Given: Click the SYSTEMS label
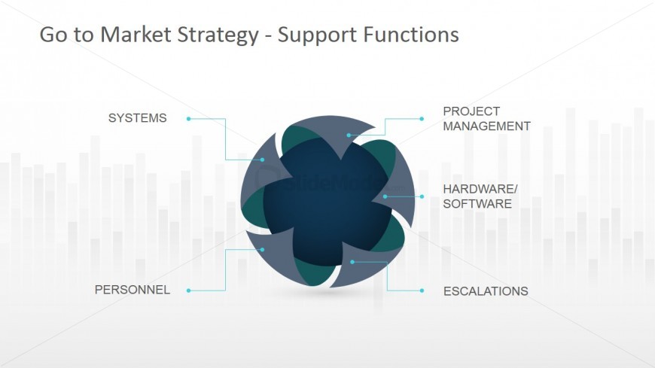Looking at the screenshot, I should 137,118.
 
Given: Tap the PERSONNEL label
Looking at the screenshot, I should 132,290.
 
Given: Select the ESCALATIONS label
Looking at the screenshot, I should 486,291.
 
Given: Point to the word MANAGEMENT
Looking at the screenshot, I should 486,126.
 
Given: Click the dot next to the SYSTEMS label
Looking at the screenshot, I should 188,119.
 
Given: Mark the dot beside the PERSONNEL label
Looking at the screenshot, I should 188,290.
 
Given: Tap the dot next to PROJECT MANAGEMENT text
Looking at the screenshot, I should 422,119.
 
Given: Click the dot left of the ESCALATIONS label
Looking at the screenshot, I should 422,290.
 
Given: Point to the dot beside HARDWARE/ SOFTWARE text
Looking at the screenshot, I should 422,196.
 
